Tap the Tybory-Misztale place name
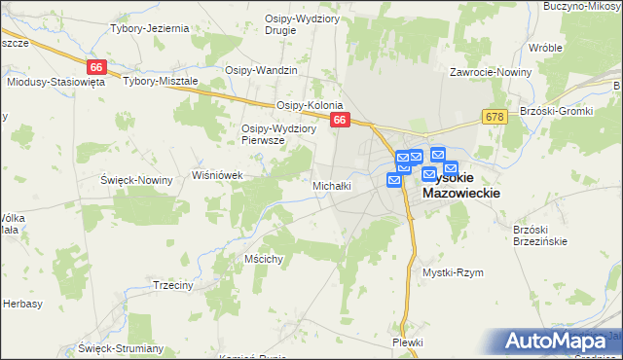160,82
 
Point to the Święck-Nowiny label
136,180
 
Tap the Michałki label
331,185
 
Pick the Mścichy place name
264,259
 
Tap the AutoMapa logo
560,341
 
